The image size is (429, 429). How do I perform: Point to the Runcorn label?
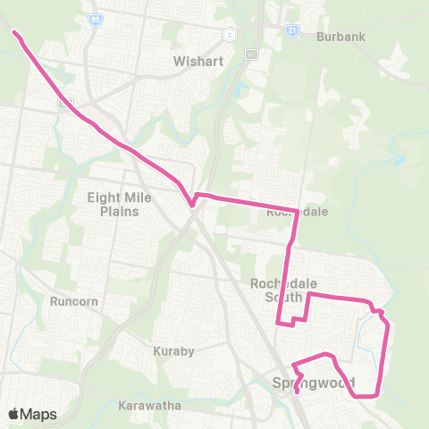[x=73, y=301]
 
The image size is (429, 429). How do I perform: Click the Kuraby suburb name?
[x=173, y=351]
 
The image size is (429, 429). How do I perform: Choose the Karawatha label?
[x=149, y=405]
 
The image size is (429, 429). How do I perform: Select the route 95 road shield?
[x=94, y=18]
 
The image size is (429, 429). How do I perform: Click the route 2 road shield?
[x=230, y=34]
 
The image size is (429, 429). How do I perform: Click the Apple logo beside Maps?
[x=14, y=414]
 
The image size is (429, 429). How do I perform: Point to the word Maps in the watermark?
[x=39, y=414]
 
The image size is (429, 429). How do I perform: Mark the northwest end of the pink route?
[x=14, y=33]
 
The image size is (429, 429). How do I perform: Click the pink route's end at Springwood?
[x=297, y=391]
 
